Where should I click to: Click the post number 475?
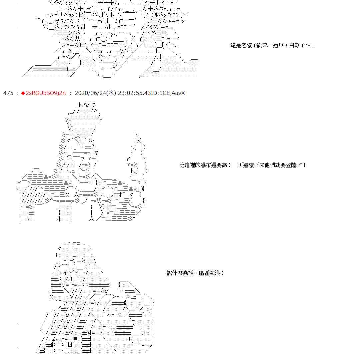[8, 93]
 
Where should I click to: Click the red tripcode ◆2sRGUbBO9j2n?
[45, 93]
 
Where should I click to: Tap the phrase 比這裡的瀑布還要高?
[203, 165]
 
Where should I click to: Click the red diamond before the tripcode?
[23, 93]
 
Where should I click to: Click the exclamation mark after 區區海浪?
[223, 273]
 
